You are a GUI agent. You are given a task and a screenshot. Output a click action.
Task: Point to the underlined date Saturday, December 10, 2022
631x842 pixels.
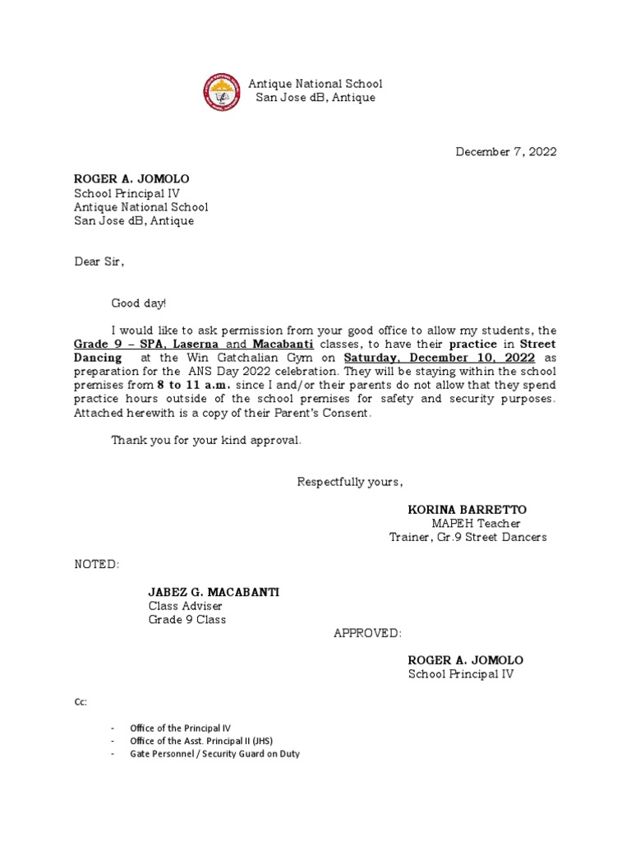[440, 359]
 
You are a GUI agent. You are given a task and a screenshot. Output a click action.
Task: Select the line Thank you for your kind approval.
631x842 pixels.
[207, 441]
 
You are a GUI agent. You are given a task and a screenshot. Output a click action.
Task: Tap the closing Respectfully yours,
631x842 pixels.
[350, 482]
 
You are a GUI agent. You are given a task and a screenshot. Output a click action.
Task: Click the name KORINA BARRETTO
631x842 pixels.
[467, 510]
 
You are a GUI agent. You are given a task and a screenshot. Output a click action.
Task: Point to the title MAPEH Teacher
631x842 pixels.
[476, 524]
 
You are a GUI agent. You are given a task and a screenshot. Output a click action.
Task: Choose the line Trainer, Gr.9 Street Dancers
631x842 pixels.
[467, 538]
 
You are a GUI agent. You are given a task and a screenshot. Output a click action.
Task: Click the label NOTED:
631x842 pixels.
[97, 565]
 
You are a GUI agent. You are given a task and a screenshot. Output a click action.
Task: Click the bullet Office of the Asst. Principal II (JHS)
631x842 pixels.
[205, 741]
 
